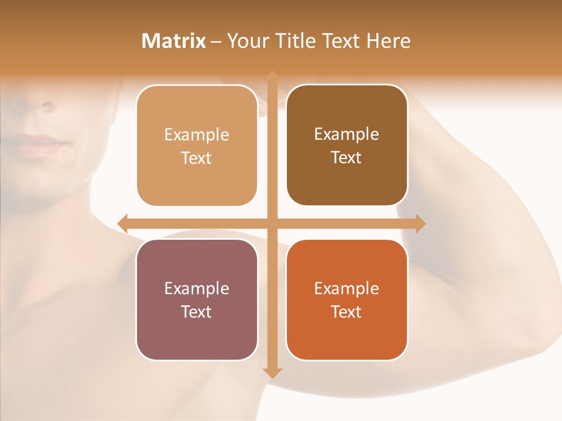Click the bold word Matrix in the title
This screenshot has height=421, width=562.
point(174,41)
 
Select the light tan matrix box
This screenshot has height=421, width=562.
point(197,146)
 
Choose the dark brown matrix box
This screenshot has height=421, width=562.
point(347,145)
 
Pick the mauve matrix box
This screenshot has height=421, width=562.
point(197,299)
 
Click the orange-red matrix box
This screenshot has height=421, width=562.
point(347,299)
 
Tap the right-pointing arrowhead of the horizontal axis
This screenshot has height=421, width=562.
point(420,223)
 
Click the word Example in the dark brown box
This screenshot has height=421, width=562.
point(347,134)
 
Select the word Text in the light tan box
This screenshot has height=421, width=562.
point(197,158)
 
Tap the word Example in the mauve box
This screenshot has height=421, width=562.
point(197,288)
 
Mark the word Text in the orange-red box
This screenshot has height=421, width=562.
point(347,312)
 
